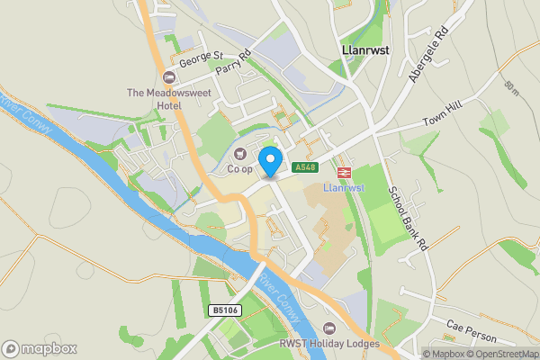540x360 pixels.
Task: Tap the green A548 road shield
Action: (305, 166)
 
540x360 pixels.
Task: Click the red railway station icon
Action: (344, 171)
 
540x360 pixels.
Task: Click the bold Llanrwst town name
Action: (365, 51)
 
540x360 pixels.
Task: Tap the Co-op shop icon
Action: (239, 153)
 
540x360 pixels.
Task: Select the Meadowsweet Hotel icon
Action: (169, 76)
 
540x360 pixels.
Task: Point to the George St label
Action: (201, 60)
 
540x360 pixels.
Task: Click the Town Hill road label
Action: (442, 122)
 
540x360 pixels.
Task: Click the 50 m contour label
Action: (512, 88)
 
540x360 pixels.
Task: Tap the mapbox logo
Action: (39, 348)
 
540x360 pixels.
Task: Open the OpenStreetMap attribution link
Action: (504, 354)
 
